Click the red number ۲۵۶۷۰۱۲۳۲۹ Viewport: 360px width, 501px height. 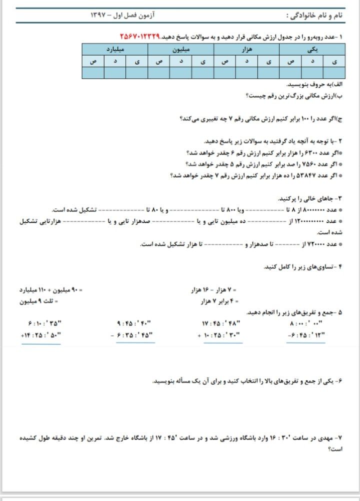click(139, 37)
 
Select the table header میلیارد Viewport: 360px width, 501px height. click(115, 49)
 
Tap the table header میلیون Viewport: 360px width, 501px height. click(180, 49)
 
